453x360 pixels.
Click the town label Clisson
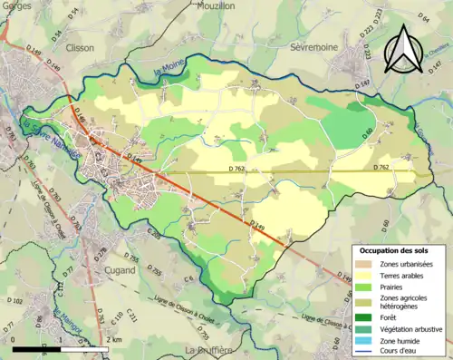click(80, 48)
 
